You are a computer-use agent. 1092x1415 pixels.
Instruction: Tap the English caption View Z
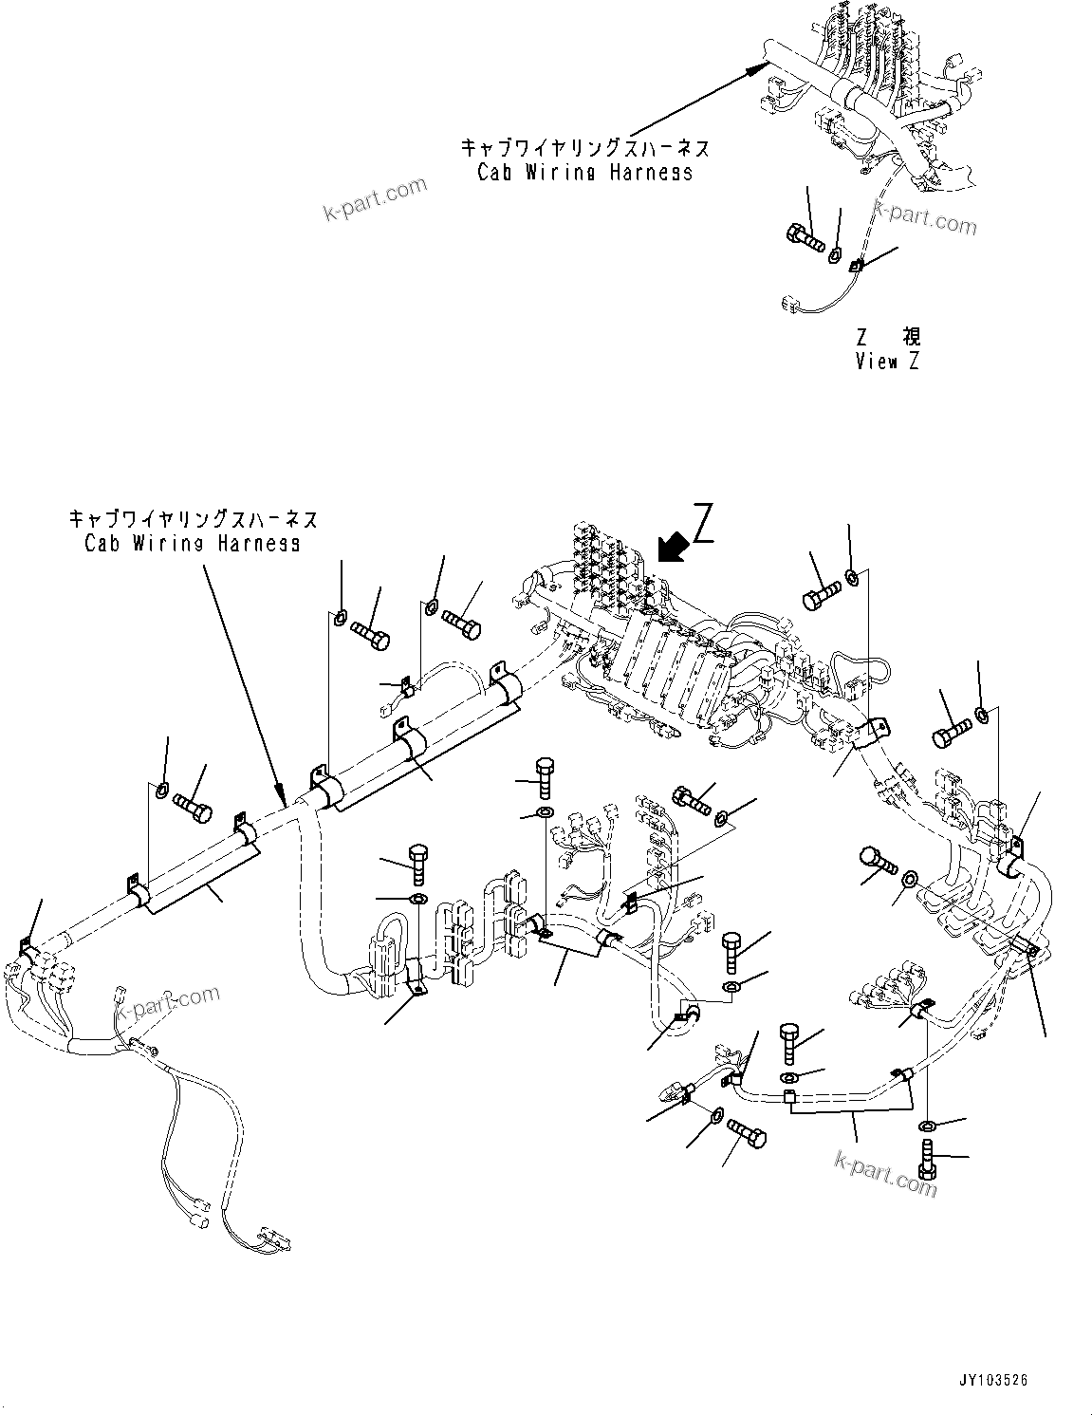(886, 362)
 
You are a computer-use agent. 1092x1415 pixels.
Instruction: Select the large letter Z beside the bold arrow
(702, 524)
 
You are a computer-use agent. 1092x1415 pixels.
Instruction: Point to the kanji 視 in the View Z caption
(911, 337)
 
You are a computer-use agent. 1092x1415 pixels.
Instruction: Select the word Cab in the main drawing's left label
(101, 544)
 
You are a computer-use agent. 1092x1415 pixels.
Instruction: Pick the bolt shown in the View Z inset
(803, 234)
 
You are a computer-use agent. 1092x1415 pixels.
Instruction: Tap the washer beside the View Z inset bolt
(836, 253)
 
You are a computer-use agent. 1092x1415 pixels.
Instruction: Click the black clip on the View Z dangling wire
(857, 267)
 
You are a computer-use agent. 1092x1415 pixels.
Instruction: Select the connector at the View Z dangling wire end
(788, 304)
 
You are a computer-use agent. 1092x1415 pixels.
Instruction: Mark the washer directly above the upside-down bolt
(927, 1126)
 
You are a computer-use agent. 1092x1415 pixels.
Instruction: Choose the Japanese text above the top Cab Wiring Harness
(584, 148)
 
